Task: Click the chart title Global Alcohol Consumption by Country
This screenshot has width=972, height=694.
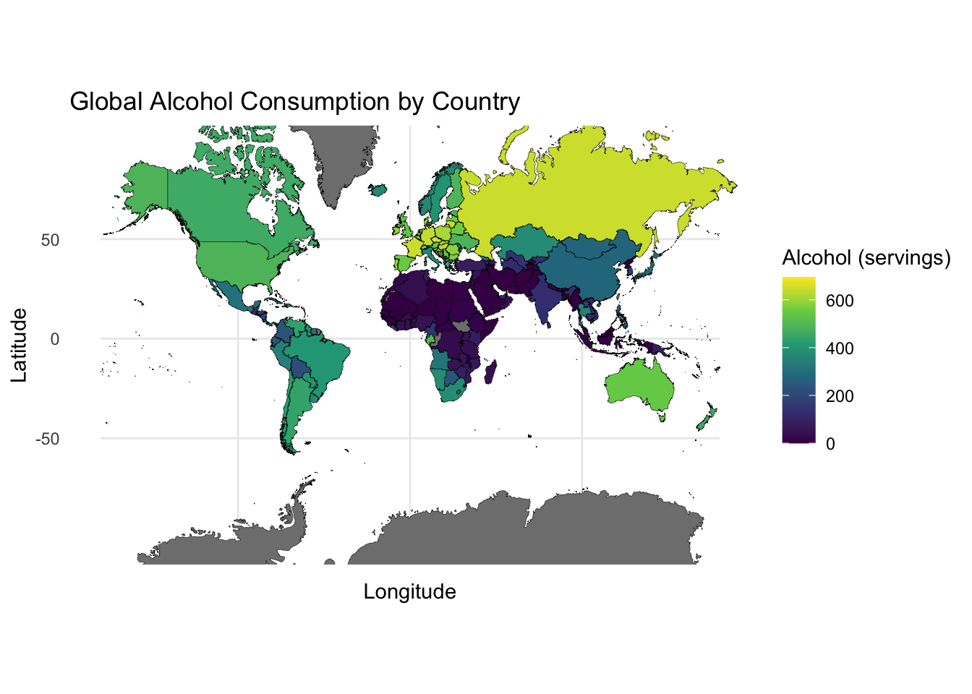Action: [x=294, y=102]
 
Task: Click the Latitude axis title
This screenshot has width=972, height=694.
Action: [x=20, y=345]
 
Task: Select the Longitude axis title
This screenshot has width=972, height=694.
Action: [x=409, y=592]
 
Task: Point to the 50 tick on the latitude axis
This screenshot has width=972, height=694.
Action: [x=50, y=240]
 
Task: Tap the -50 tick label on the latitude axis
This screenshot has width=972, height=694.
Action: [x=47, y=439]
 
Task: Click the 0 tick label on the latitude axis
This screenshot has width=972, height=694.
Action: [x=55, y=339]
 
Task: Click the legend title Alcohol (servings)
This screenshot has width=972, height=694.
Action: [x=866, y=258]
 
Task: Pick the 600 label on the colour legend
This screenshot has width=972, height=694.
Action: [x=840, y=301]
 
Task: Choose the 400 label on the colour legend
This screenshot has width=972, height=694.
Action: [x=840, y=348]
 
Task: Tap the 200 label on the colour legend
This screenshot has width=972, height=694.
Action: [x=840, y=396]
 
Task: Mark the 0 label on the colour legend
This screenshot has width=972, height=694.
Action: [x=830, y=444]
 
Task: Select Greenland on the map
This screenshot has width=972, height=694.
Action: [x=340, y=159]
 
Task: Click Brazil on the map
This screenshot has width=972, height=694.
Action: [x=322, y=361]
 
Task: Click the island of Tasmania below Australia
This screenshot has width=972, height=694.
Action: [x=661, y=416]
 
